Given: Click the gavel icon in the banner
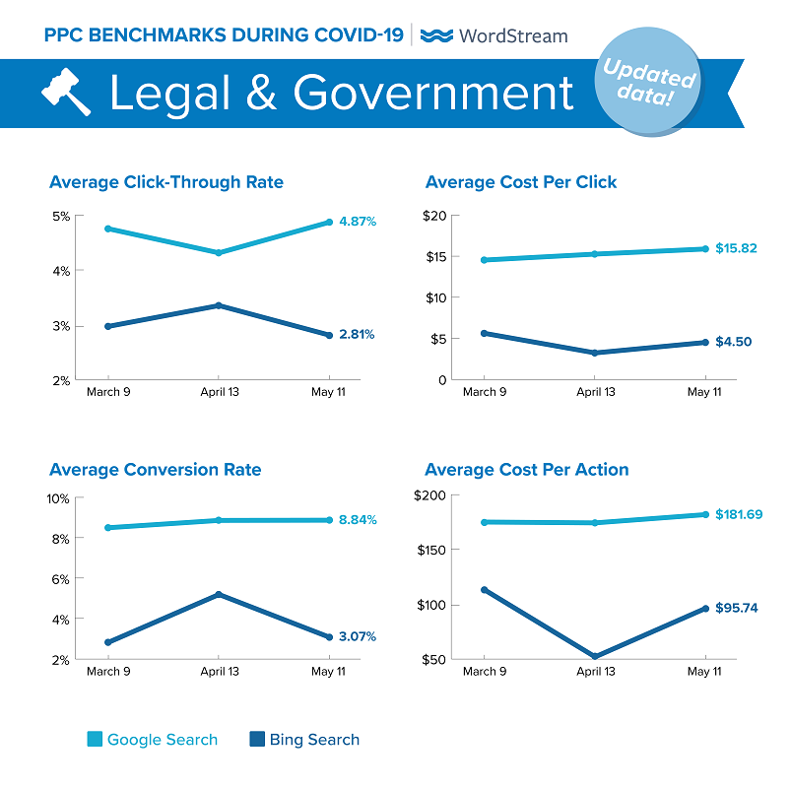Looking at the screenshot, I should coord(66,94).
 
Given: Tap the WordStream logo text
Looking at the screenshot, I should coord(494,35).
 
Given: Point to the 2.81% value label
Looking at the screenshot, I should coord(356,335).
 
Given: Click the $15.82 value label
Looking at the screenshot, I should coord(737,248).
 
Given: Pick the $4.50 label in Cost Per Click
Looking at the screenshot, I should coord(734,342).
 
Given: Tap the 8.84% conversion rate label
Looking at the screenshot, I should coord(357,519).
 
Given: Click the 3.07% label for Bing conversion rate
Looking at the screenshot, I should coord(357,636).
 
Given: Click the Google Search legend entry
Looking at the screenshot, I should coord(152,740).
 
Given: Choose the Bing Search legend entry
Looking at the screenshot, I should coord(304,740).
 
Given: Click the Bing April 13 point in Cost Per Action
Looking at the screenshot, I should coord(594,656).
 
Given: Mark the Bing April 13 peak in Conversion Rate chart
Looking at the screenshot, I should coord(219,594).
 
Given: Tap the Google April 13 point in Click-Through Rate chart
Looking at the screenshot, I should coord(219,253).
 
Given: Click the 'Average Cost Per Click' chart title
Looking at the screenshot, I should coord(520,182).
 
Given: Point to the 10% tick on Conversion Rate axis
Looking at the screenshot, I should coord(58,498).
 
